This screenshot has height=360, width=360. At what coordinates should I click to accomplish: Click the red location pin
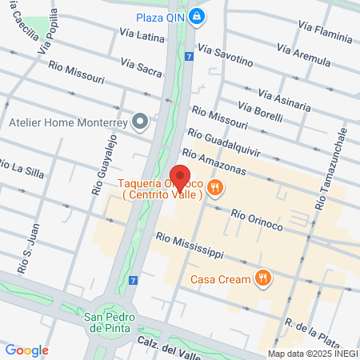179,178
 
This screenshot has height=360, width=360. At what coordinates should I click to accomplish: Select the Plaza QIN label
161,16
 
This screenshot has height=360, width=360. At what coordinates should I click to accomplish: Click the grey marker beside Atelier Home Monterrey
141,122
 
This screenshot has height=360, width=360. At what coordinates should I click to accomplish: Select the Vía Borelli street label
261,112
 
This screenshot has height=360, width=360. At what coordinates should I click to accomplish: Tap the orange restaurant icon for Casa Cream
262,278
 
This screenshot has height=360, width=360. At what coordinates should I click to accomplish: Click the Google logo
26,350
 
